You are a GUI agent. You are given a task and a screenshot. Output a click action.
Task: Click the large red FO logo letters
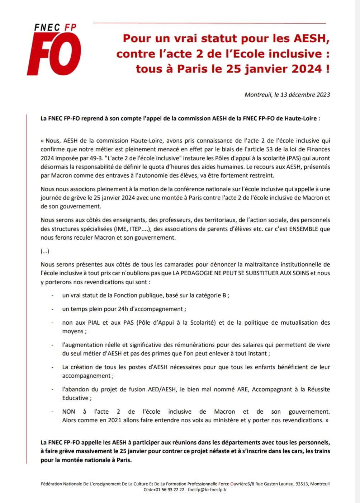pyautogui.click(x=54, y=54)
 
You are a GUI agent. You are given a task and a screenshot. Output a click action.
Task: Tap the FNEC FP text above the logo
pyautogui.click(x=55, y=28)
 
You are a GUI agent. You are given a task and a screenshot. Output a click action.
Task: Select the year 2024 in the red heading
pyautogui.click(x=307, y=69)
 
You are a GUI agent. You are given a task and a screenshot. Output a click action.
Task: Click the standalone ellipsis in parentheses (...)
pyautogui.click(x=45, y=251)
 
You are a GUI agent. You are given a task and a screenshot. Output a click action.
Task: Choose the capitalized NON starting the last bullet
pyautogui.click(x=69, y=412)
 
